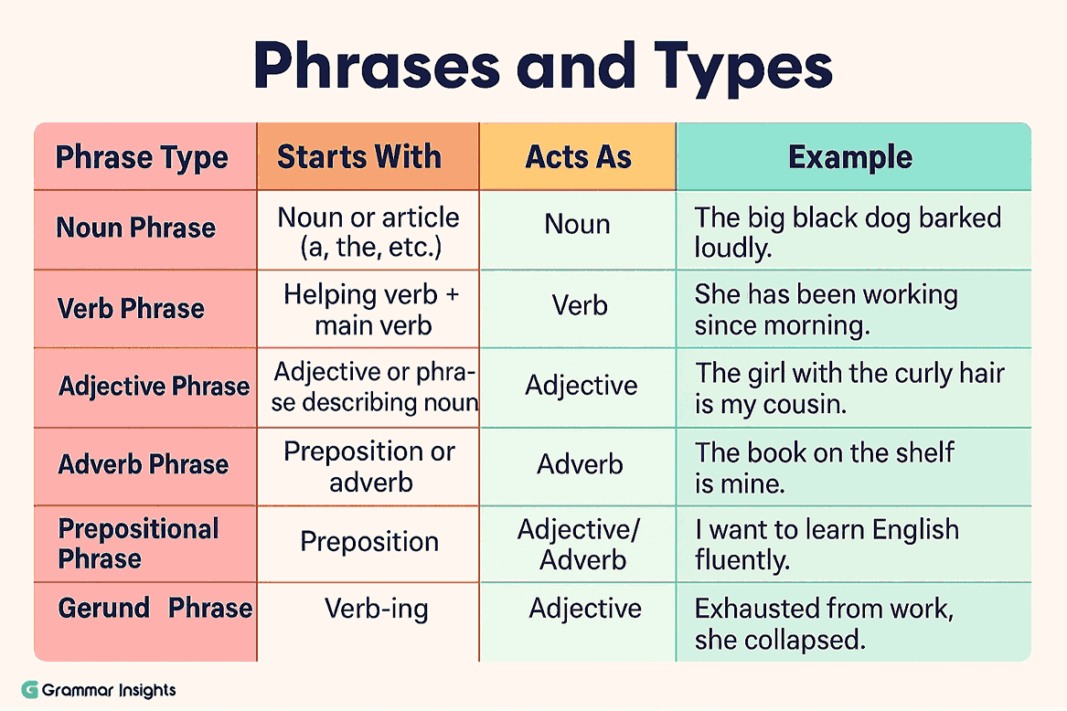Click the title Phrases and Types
(x=543, y=67)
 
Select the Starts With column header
(x=359, y=156)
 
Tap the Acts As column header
(x=578, y=156)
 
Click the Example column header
(x=850, y=157)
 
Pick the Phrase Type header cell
(x=142, y=157)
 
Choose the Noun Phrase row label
(x=136, y=228)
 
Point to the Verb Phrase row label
(x=132, y=308)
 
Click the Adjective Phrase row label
(x=154, y=386)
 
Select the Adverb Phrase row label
(x=144, y=464)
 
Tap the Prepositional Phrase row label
(x=138, y=543)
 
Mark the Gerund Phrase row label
(x=155, y=608)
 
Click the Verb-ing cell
(x=376, y=609)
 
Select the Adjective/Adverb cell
(x=580, y=543)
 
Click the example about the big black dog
(x=847, y=231)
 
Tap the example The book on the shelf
(x=824, y=466)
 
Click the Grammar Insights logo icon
(x=30, y=690)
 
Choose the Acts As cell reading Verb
(x=580, y=304)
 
